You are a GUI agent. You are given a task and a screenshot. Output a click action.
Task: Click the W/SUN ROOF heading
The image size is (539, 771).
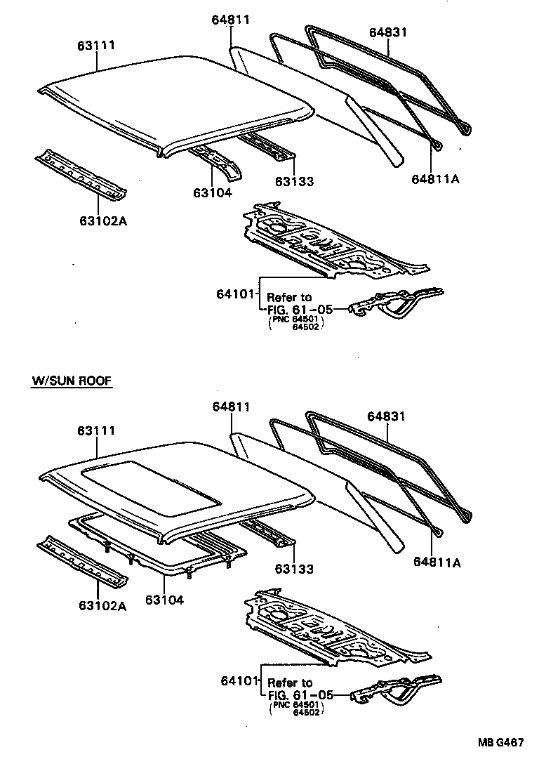coord(72,381)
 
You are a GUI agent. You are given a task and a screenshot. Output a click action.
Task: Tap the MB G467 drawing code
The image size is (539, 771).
coord(501,744)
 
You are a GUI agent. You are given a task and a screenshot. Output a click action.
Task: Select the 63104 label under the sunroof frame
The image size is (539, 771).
coord(166,600)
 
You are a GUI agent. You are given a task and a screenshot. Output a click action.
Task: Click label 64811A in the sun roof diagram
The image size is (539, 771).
coord(435,561)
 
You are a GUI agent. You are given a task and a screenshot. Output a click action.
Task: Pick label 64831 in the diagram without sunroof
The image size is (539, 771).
coord(387,32)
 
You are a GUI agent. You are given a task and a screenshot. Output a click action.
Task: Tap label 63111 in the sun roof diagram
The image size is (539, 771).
coord(96,430)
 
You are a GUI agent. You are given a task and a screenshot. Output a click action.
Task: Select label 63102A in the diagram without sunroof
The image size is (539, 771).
coord(102,221)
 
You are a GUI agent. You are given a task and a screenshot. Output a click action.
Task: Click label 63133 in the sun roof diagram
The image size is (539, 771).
coord(294,569)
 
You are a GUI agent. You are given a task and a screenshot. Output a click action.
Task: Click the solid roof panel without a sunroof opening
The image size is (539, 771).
coord(175,98)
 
